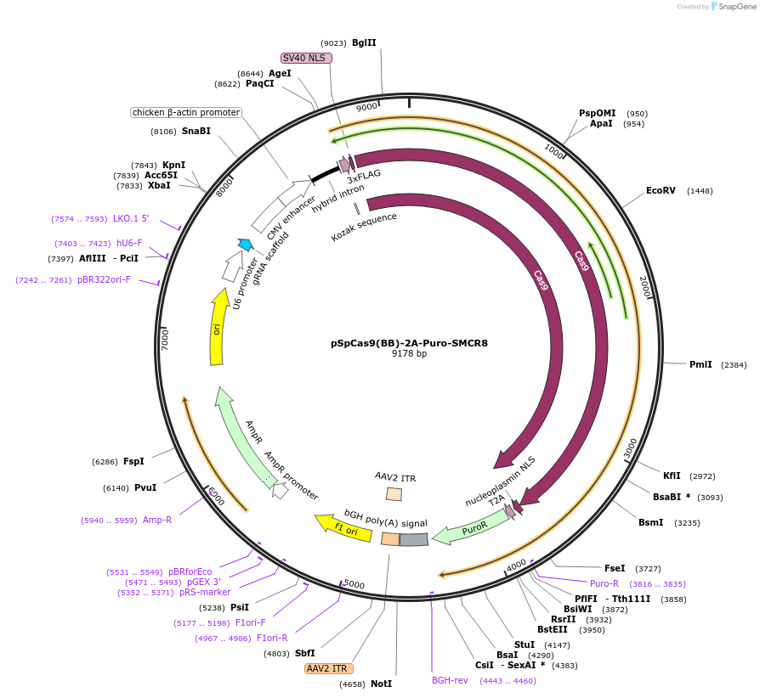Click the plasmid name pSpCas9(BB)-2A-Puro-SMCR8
point(409,344)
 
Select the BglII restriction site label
point(364,42)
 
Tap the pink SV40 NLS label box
point(305,58)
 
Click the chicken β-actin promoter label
point(186,112)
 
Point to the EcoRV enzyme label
point(661,191)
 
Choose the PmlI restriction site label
point(700,364)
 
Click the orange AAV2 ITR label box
point(327,668)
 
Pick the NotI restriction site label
point(381,684)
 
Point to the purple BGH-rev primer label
point(450,680)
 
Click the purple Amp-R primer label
point(157,520)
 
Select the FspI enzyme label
point(133,461)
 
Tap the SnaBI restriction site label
point(196,131)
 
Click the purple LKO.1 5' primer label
point(131,218)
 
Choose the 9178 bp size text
point(409,354)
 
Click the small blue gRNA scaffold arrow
point(245,245)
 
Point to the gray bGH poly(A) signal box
point(413,539)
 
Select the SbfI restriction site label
point(304,653)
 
